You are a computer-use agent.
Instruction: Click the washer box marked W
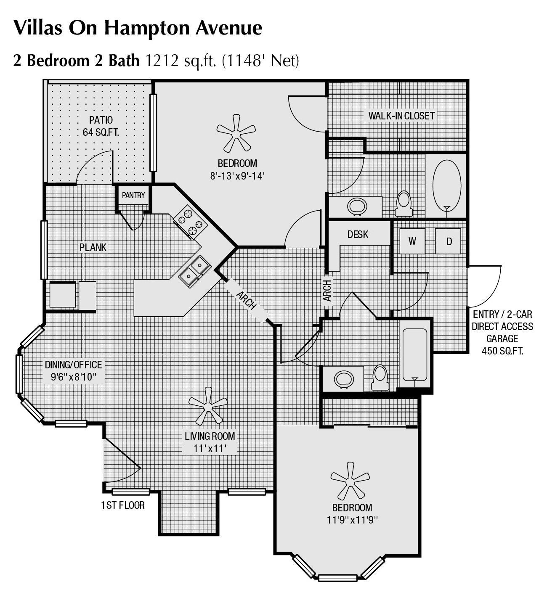(x=412, y=241)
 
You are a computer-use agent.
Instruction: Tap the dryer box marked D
(x=449, y=241)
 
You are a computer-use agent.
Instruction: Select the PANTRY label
(x=133, y=195)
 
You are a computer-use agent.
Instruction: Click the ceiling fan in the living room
(x=207, y=406)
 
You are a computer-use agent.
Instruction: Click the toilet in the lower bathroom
(x=380, y=377)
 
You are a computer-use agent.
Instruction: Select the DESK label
(x=358, y=234)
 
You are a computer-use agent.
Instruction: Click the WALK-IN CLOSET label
(x=401, y=116)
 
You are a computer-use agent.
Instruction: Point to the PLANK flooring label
(x=93, y=247)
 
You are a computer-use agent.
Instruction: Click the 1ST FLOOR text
(x=123, y=505)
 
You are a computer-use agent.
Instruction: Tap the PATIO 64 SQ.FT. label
(x=101, y=126)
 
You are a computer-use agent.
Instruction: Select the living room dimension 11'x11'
(x=210, y=448)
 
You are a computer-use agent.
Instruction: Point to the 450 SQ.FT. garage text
(x=502, y=351)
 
